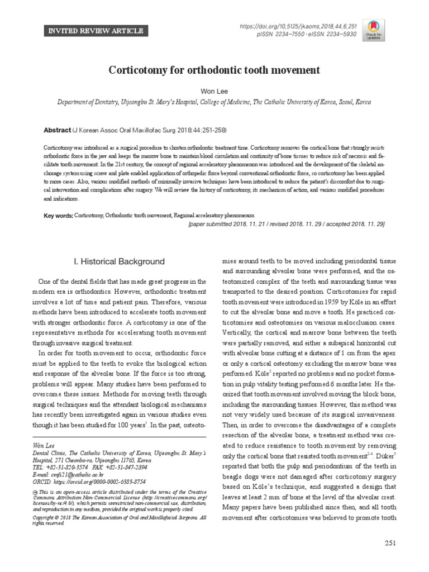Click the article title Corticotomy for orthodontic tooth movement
coord(214,70)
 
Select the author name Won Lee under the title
coord(214,90)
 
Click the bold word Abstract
coord(57,130)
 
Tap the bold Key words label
coord(58,214)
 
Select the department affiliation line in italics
coord(214,103)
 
